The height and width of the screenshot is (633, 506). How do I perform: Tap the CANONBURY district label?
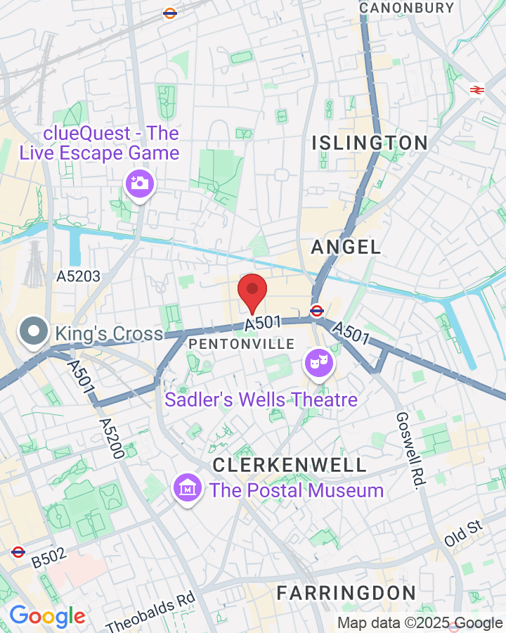406,8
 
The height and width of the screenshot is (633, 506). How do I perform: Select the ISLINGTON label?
370,143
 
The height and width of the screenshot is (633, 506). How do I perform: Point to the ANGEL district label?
346,247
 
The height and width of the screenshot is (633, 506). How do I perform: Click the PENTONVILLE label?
242,344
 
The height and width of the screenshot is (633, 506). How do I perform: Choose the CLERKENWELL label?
290,465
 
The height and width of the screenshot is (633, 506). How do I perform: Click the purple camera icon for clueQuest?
139,184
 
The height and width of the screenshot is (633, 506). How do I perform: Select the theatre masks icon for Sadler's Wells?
319,364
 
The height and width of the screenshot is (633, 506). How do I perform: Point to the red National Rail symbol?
477,89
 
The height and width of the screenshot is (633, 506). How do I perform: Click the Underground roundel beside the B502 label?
18,552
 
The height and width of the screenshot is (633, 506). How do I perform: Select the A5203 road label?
78,276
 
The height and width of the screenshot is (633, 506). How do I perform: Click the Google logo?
47,616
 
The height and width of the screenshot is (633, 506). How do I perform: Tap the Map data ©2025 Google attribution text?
420,623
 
